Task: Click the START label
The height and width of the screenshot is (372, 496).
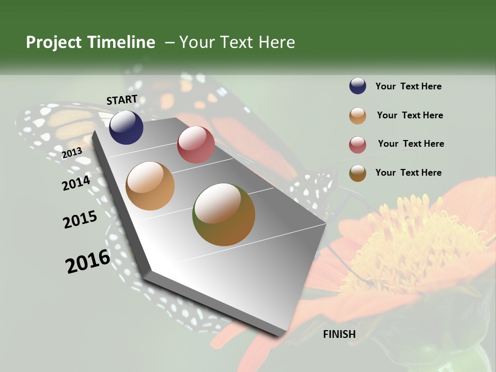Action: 122,100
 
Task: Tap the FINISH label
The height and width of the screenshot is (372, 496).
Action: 339,334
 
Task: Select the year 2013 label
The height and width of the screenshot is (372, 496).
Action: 72,153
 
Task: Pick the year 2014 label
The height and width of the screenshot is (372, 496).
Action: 76,183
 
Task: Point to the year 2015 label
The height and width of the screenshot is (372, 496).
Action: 80,220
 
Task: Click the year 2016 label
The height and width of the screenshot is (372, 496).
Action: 88,261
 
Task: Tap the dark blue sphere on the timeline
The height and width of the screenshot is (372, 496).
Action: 126,128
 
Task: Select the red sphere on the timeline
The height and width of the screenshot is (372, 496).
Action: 196,145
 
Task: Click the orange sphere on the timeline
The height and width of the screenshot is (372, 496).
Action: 150,186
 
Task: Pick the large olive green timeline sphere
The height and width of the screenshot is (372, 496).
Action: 224,214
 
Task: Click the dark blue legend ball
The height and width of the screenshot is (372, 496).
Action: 358,86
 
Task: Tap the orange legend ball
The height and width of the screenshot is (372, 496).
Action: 358,116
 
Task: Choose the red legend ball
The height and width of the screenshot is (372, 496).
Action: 358,145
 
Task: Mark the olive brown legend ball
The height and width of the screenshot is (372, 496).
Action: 358,173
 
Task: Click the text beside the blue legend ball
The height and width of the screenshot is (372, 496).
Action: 408,87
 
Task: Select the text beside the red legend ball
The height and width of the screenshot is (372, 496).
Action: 411,144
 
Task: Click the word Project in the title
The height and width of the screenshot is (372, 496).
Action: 54,42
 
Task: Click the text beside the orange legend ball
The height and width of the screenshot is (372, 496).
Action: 410,115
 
